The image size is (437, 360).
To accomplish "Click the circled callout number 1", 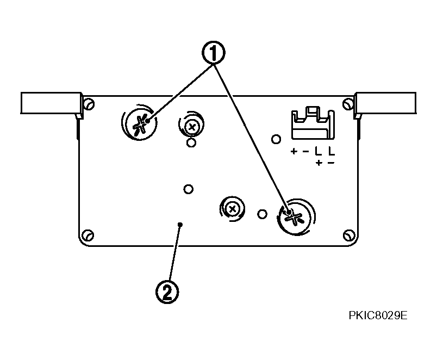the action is [x=213, y=53].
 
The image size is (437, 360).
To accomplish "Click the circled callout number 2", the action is [x=167, y=291].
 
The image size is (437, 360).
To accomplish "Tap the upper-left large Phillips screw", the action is [x=140, y=122].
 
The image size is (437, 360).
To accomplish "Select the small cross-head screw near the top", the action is [x=191, y=127].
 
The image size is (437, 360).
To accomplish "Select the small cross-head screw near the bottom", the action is [x=233, y=209].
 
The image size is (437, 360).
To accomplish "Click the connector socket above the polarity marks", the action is [x=313, y=123].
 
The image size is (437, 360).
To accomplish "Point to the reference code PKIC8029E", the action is [x=378, y=315].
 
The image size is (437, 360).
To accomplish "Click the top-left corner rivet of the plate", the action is [x=89, y=104].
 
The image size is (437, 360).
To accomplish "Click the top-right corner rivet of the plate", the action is [x=348, y=104].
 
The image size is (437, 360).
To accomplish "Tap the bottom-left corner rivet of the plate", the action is [x=89, y=235].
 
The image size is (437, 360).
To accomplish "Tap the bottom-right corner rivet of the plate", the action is [x=348, y=235].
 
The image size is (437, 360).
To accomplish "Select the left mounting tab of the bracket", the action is [x=51, y=103].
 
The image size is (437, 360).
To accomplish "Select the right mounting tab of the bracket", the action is [x=385, y=103].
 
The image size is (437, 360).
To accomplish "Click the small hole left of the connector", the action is [x=276, y=139].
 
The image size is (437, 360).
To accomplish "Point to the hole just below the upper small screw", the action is [x=191, y=143].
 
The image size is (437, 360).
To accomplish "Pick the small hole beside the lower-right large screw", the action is [x=262, y=214].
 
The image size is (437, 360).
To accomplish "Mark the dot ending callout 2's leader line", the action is [x=180, y=224].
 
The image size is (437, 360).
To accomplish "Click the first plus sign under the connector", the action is [x=294, y=151].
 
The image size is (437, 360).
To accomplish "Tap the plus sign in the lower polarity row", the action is [x=319, y=163].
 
